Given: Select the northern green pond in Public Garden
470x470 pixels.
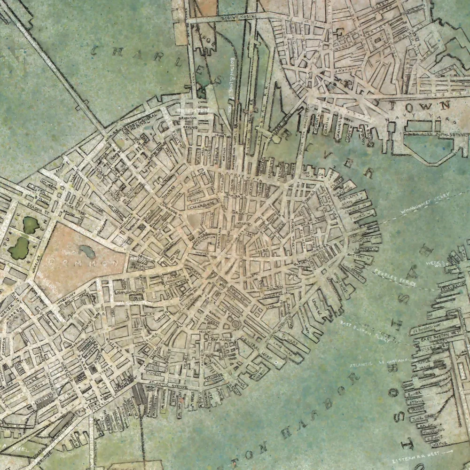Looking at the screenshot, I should pyautogui.click(x=31, y=225).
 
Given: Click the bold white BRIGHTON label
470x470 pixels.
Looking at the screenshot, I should pyautogui.click(x=193, y=110).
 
